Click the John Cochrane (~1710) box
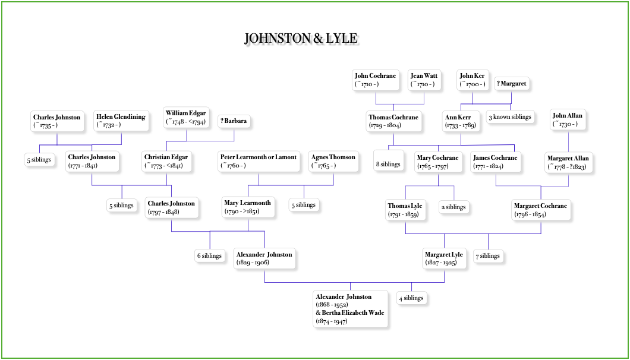point(376,80)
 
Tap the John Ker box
point(472,80)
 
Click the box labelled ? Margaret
point(512,84)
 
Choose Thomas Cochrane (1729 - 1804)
point(393,122)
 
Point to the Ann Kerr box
point(461,122)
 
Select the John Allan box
point(568,120)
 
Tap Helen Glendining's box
point(121,121)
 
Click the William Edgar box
point(187,118)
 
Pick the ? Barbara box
point(234,122)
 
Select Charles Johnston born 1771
point(92,162)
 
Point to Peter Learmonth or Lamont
point(259,162)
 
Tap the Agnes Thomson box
point(333,162)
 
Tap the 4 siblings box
point(411,298)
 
